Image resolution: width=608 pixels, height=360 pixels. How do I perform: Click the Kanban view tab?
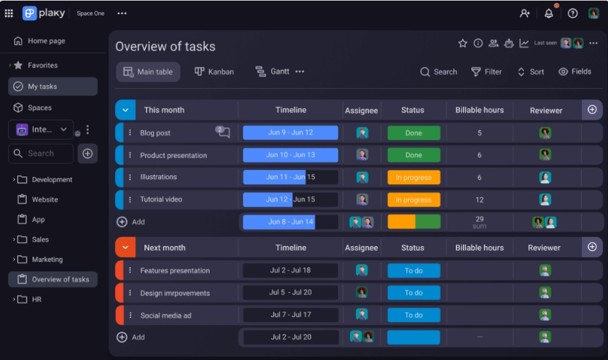(214, 72)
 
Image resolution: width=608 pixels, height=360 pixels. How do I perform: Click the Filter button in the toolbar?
(486, 72)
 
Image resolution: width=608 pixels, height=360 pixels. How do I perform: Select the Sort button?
(530, 72)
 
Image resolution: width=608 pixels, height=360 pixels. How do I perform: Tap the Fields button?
(575, 72)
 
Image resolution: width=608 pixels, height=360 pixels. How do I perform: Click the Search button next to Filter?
(439, 72)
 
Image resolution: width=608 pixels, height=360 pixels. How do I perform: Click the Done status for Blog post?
(414, 133)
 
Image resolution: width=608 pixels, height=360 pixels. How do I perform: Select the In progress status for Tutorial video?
(414, 200)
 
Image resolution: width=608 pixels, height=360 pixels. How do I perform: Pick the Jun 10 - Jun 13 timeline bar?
(290, 155)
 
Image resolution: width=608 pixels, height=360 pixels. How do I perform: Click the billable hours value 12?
(480, 200)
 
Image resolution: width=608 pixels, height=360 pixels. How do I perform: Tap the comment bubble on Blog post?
(223, 132)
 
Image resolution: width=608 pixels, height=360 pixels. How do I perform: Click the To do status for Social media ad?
(414, 315)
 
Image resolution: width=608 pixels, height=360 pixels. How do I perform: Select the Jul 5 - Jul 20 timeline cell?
(290, 292)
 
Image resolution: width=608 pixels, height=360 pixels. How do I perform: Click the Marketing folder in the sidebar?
(47, 259)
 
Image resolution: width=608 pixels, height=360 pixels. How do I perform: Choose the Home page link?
(46, 41)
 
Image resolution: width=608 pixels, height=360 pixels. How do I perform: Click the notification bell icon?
(549, 13)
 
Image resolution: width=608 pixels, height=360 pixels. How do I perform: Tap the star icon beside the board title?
(463, 43)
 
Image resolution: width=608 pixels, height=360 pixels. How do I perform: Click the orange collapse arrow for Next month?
(125, 247)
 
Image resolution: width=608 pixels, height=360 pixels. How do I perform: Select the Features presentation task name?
(175, 271)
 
